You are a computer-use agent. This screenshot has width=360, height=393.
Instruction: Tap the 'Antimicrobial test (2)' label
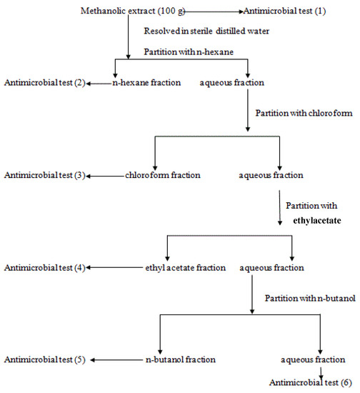click(44, 83)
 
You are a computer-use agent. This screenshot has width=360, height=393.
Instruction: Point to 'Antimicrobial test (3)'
click(44, 175)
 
